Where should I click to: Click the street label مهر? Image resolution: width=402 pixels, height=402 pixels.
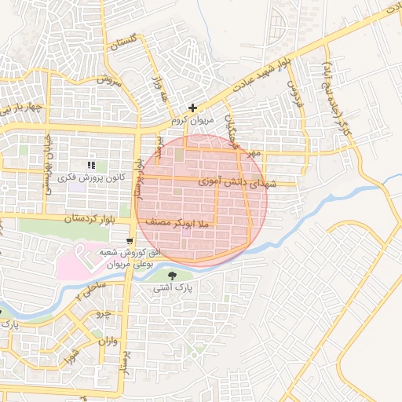pos(251,155)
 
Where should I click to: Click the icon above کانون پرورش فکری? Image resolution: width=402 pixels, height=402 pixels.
pos(92,165)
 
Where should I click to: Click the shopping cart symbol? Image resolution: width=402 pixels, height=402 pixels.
pos(130,239)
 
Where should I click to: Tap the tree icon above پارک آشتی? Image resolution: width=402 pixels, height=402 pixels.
pos(173,274)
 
